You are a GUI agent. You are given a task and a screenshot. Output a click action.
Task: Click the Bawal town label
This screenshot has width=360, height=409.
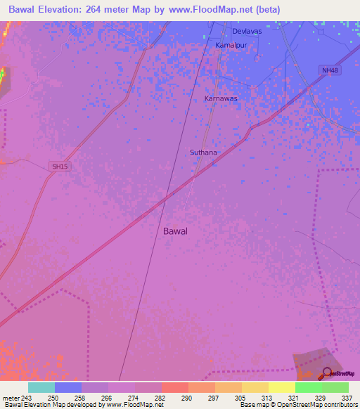click(175, 231)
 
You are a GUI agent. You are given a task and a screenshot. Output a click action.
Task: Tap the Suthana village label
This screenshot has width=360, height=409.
click(203, 152)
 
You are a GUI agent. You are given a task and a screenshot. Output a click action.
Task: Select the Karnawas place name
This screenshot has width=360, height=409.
click(221, 98)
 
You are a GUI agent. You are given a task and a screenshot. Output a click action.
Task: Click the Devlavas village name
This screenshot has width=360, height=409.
click(246, 32)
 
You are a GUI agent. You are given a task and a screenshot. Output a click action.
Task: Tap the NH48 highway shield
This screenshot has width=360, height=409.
click(329, 71)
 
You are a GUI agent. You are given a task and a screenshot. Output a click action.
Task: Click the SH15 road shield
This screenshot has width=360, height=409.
click(61, 166)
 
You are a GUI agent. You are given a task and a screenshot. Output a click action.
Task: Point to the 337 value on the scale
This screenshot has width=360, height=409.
click(347, 398)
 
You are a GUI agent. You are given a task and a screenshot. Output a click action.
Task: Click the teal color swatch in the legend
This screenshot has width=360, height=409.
click(41, 387)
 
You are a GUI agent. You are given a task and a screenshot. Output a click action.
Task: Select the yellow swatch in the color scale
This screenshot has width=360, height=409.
click(281, 387)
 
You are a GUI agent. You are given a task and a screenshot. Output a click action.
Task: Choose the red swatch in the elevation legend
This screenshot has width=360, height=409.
click(174, 387)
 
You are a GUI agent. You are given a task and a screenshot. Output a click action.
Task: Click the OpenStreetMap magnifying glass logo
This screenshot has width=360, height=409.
click(327, 373)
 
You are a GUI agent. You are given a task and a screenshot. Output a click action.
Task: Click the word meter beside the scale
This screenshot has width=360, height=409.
click(10, 398)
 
